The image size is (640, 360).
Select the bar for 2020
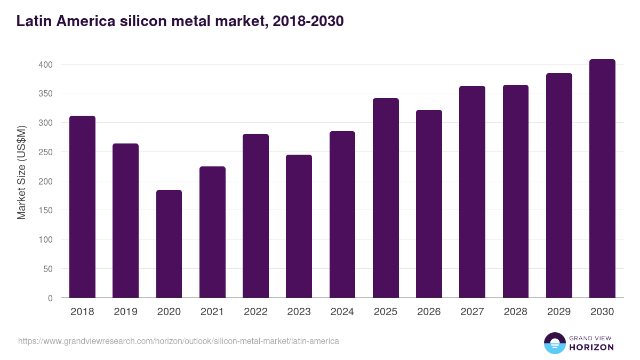pos(169,244)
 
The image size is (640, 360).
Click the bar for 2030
pos(602,179)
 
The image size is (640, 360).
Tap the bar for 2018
pos(82,207)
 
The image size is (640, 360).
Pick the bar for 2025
pos(386,198)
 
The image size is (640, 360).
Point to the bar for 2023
pos(299,226)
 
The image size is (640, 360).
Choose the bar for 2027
pos(472,192)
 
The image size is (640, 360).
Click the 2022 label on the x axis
pos(255,312)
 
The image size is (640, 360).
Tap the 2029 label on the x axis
pos(559,312)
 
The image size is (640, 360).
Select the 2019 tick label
pos(125,312)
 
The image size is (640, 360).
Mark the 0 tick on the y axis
pos(51,298)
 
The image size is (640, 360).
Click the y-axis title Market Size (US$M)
pos(21,172)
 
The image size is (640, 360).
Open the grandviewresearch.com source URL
pos(179,341)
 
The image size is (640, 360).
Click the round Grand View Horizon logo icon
pos(554,343)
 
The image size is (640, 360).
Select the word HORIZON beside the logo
pos(591,347)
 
